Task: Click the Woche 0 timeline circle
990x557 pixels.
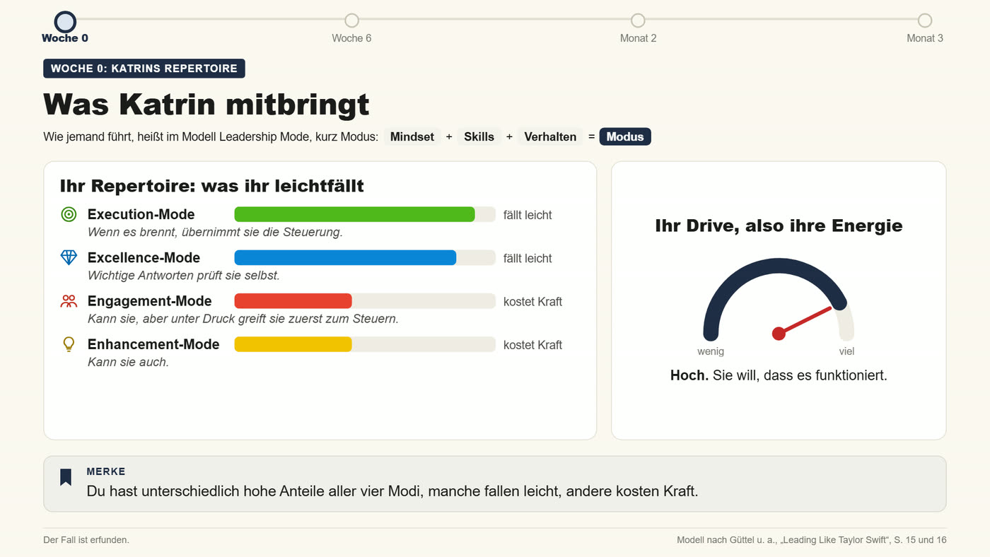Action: [x=65, y=22]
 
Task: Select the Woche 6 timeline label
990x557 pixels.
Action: [x=351, y=38]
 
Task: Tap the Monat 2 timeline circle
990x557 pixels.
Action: [x=638, y=20]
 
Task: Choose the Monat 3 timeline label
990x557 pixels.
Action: [x=925, y=38]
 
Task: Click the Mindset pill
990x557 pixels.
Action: [x=412, y=137]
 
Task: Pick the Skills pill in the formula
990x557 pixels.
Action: [x=479, y=137]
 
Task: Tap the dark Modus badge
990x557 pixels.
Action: [x=625, y=137]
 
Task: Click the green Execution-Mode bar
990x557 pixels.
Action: [x=354, y=214]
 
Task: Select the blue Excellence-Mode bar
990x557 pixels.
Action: [x=345, y=257]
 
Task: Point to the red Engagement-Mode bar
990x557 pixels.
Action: [x=293, y=301]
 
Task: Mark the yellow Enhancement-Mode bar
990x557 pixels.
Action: [x=293, y=344]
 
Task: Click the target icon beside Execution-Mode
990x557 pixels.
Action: [x=69, y=214]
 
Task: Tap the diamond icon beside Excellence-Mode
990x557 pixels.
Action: [x=69, y=257]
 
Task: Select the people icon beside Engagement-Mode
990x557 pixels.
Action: [x=69, y=301]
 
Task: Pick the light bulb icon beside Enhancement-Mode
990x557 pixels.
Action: [x=69, y=344]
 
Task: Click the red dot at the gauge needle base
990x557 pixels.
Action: [x=779, y=334]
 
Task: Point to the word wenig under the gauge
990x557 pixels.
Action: [x=711, y=351]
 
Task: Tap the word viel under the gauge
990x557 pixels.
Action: [x=847, y=351]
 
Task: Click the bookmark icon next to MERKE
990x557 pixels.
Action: [x=66, y=477]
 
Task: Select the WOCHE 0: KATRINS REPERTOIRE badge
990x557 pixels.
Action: [x=144, y=69]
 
